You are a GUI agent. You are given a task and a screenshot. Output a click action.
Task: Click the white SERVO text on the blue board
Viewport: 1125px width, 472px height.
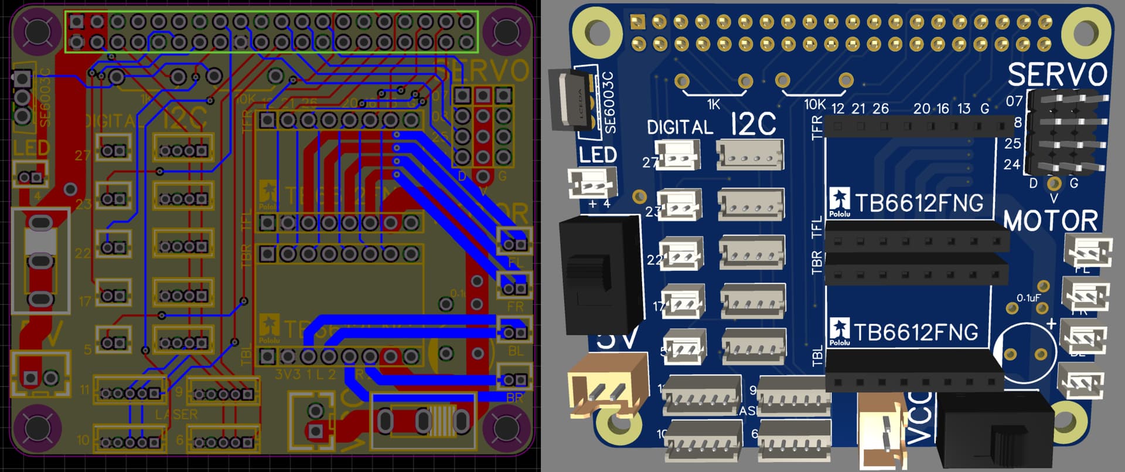1057,75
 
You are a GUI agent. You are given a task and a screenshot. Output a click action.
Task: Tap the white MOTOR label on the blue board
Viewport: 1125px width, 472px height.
1050,220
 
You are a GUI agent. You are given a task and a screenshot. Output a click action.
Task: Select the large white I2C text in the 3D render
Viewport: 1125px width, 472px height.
754,124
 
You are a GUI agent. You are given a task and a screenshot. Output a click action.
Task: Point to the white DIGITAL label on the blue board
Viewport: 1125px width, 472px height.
680,127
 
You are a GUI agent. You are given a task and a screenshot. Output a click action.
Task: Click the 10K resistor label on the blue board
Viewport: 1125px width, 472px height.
814,105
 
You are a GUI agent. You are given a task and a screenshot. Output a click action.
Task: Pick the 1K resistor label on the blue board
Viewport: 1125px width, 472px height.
713,105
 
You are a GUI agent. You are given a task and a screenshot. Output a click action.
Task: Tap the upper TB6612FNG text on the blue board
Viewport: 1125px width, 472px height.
919,203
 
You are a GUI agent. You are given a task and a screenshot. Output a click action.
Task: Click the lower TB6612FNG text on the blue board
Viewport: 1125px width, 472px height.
916,332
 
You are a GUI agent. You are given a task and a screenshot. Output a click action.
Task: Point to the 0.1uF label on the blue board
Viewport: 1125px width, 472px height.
1028,298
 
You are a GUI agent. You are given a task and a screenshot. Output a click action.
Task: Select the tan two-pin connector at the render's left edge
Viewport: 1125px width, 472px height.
608,386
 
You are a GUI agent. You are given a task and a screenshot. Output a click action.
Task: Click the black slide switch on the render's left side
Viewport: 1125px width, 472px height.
599,276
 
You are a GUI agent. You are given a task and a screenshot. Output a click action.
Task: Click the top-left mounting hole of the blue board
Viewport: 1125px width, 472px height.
596,30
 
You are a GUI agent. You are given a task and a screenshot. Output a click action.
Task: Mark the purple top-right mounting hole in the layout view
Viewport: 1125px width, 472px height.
504,31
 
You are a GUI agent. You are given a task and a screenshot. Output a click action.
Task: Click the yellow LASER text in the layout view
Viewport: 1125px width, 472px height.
176,415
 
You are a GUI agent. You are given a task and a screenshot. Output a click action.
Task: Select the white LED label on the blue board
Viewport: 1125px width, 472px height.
598,155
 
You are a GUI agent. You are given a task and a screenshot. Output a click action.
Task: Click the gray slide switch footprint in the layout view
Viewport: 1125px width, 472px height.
40,261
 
